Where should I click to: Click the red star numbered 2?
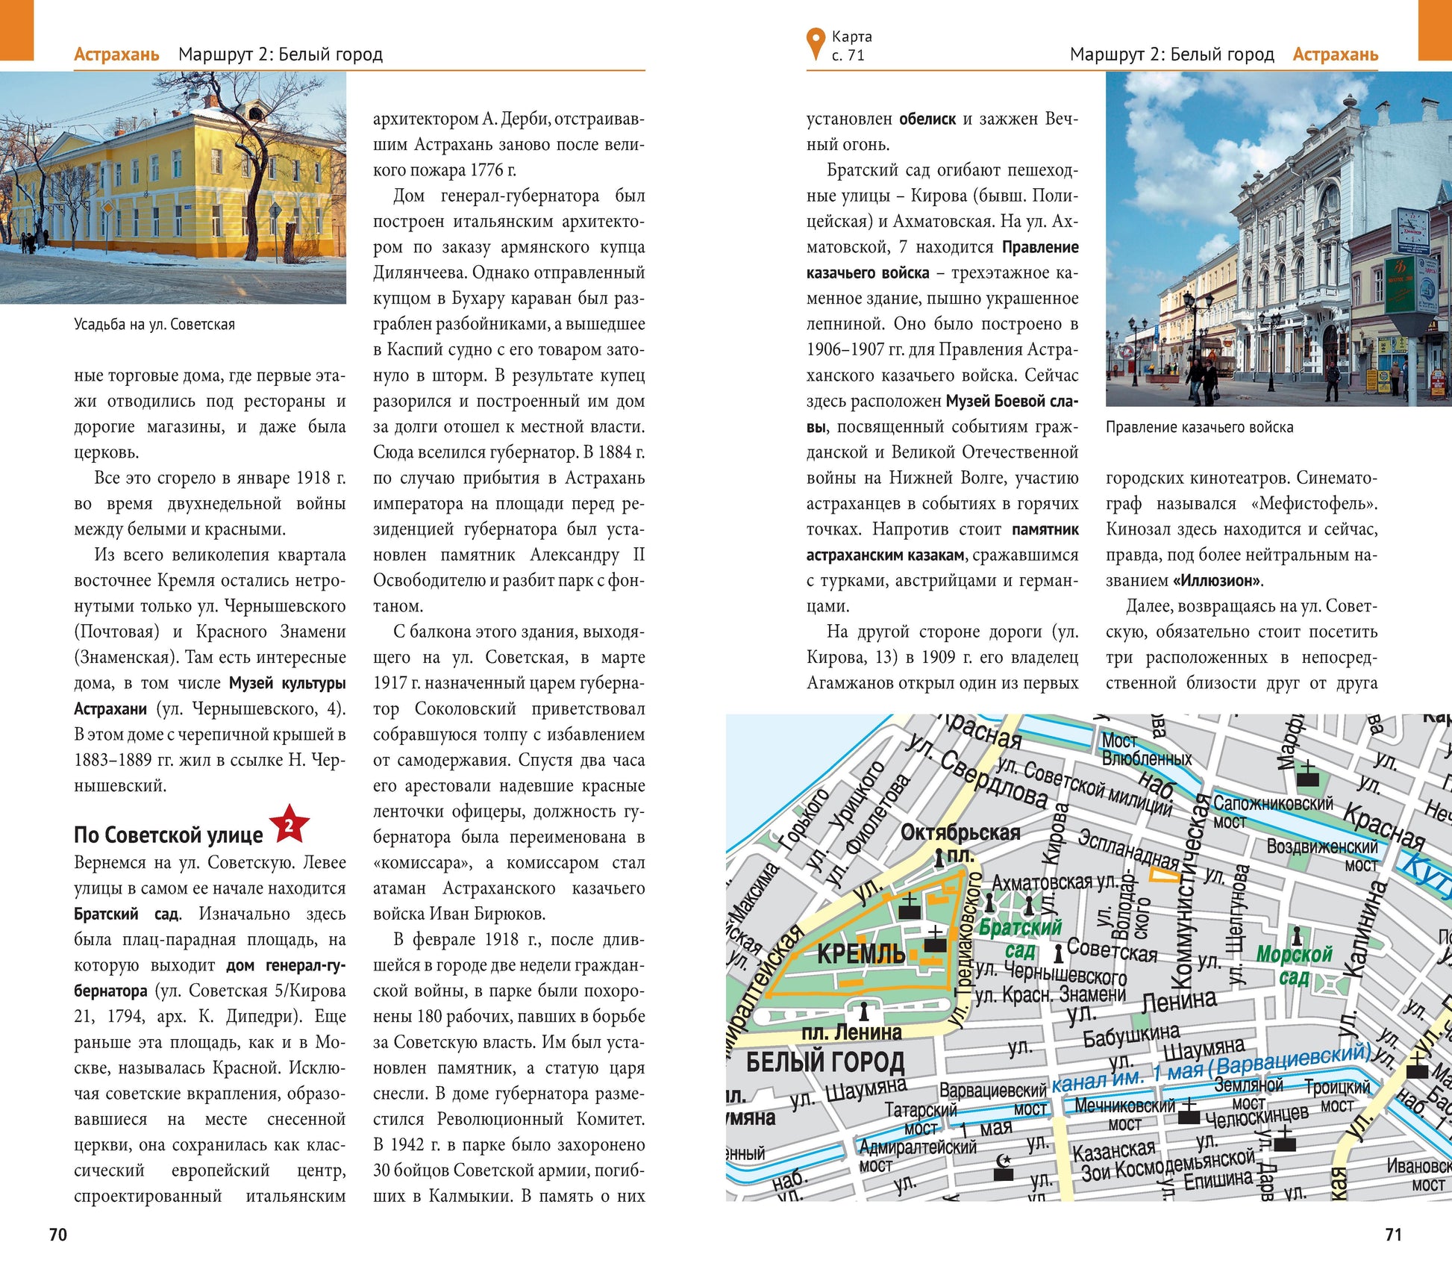click(x=289, y=825)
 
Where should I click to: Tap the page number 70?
click(x=58, y=1235)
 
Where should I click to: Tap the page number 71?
click(x=1393, y=1235)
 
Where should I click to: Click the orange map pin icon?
click(x=816, y=44)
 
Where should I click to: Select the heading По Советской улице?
click(x=168, y=835)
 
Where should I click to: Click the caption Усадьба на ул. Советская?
click(x=154, y=325)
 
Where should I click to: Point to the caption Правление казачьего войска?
click(x=1199, y=427)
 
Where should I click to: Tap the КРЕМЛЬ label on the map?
click(x=861, y=954)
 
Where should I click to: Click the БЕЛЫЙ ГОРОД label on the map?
click(x=825, y=1062)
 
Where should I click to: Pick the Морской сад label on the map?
click(x=1294, y=965)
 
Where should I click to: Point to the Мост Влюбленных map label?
click(x=1146, y=749)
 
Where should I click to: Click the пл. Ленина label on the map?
click(x=851, y=1032)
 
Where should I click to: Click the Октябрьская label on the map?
click(x=960, y=832)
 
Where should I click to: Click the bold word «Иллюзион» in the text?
click(x=1217, y=580)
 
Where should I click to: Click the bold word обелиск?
click(x=927, y=119)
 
